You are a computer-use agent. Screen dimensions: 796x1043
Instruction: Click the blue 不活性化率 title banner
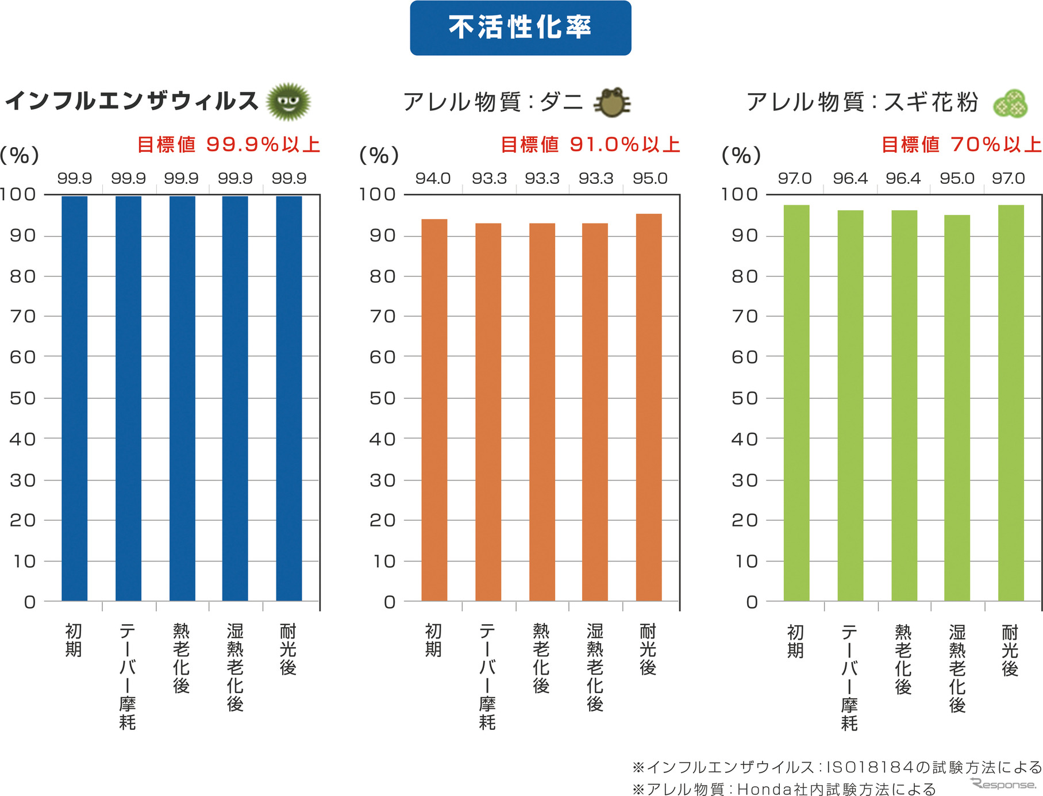coord(520,28)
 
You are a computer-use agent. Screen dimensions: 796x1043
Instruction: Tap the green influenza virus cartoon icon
coord(288,102)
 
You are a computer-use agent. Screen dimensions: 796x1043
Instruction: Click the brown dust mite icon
coord(613,103)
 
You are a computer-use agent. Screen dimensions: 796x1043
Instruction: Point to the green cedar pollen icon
coord(1011,104)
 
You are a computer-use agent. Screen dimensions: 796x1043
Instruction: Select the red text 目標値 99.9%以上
coord(229,144)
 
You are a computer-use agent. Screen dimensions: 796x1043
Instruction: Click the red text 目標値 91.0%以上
coord(590,144)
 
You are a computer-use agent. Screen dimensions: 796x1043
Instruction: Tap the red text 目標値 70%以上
coord(961,144)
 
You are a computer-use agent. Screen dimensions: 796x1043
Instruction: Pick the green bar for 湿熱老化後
coord(957,408)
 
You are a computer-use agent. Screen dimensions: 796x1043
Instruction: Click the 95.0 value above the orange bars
coord(650,178)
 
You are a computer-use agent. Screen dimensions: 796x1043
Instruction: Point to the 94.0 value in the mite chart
coord(433,178)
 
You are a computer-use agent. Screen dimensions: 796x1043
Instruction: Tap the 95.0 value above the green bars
coord(957,178)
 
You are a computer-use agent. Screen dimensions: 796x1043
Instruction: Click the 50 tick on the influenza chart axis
coord(23,398)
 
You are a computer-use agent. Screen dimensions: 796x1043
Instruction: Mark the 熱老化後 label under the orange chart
coord(541,658)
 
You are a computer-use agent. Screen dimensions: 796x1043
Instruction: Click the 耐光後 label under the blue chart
coord(288,649)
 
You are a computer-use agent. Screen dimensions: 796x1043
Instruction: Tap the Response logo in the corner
coord(1003,784)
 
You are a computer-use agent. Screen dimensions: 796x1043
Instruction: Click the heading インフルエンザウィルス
coord(132,101)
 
